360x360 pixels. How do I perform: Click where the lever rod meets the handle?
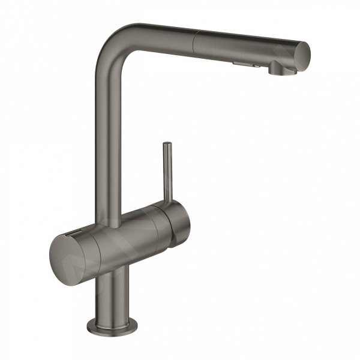pyautogui.click(x=165, y=207)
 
